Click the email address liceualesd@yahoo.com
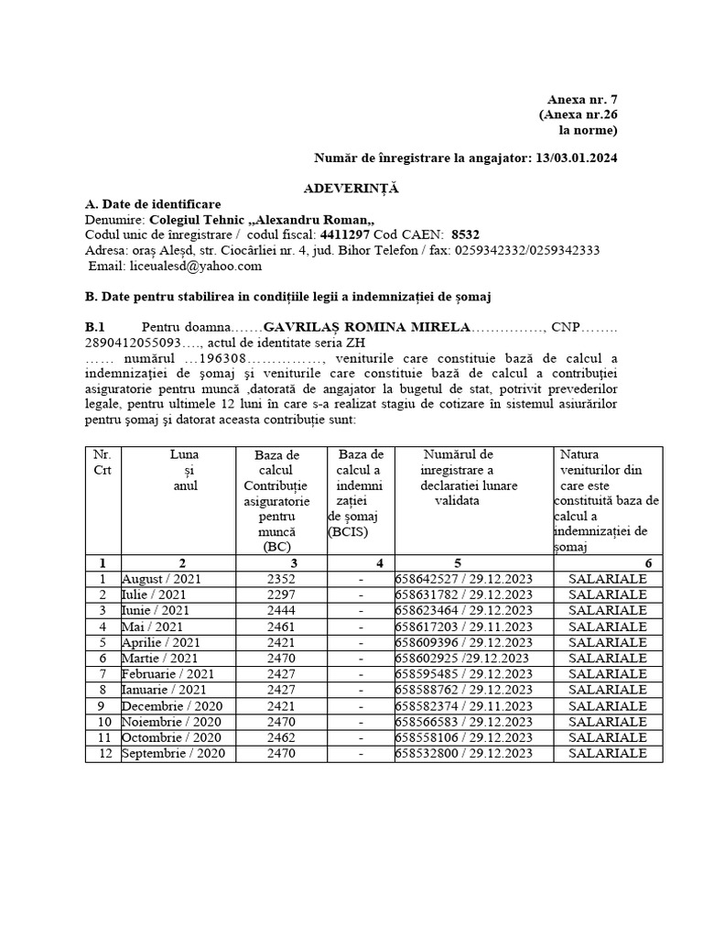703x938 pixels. click(x=176, y=266)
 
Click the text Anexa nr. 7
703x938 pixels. click(x=582, y=100)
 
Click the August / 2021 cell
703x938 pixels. click(x=162, y=580)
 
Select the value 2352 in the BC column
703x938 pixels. click(x=282, y=580)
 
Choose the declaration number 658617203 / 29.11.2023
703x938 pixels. click(x=463, y=627)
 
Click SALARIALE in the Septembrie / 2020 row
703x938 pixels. click(x=607, y=754)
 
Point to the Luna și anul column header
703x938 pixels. click(x=184, y=470)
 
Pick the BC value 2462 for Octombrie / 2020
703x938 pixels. click(x=282, y=737)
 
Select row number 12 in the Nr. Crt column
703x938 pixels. click(x=103, y=754)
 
